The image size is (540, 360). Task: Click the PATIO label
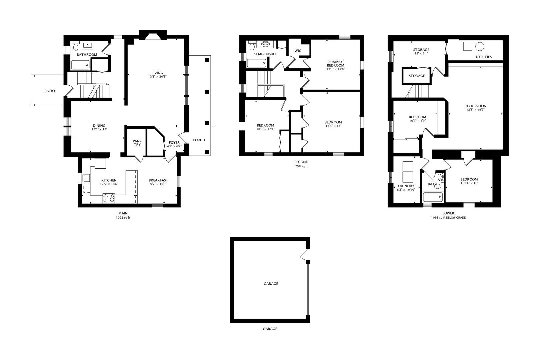tap(50, 91)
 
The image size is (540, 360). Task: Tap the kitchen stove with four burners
tap(109, 198)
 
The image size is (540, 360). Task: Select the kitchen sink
tap(86, 178)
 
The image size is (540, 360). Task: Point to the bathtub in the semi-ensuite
tap(257, 63)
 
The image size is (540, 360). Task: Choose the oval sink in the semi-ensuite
tap(265, 44)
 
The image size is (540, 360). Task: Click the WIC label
tap(298, 51)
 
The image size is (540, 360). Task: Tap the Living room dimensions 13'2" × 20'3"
tap(157, 77)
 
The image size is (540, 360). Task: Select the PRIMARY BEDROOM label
tap(335, 64)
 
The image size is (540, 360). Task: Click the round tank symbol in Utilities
tap(480, 46)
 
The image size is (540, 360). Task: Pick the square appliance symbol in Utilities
tap(468, 46)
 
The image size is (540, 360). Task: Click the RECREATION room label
tap(475, 106)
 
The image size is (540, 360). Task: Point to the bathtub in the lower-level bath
tap(433, 197)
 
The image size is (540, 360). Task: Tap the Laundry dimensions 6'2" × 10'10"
tap(406, 190)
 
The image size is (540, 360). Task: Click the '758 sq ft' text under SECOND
tap(301, 166)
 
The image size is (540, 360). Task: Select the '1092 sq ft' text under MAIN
tap(123, 217)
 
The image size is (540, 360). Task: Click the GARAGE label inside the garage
tap(271, 284)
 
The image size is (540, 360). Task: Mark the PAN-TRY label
tap(137, 143)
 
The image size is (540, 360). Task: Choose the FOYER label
tap(174, 143)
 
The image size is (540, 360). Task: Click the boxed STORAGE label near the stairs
tap(417, 76)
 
